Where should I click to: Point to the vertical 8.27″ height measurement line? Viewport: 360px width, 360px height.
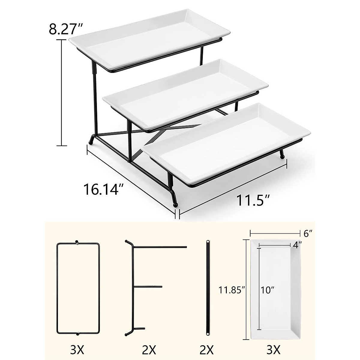click(62, 93)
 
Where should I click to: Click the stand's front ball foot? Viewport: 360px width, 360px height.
click(176, 205)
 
